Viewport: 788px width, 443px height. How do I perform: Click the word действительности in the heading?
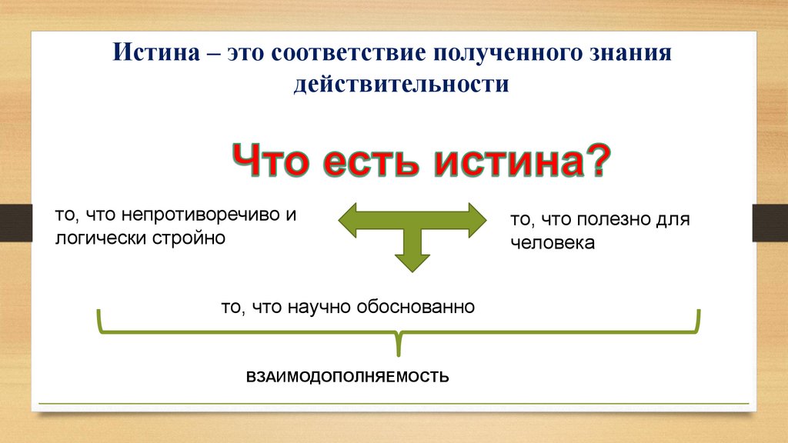pos(401,83)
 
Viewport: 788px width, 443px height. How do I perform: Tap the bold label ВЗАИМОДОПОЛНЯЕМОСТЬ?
pos(347,378)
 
